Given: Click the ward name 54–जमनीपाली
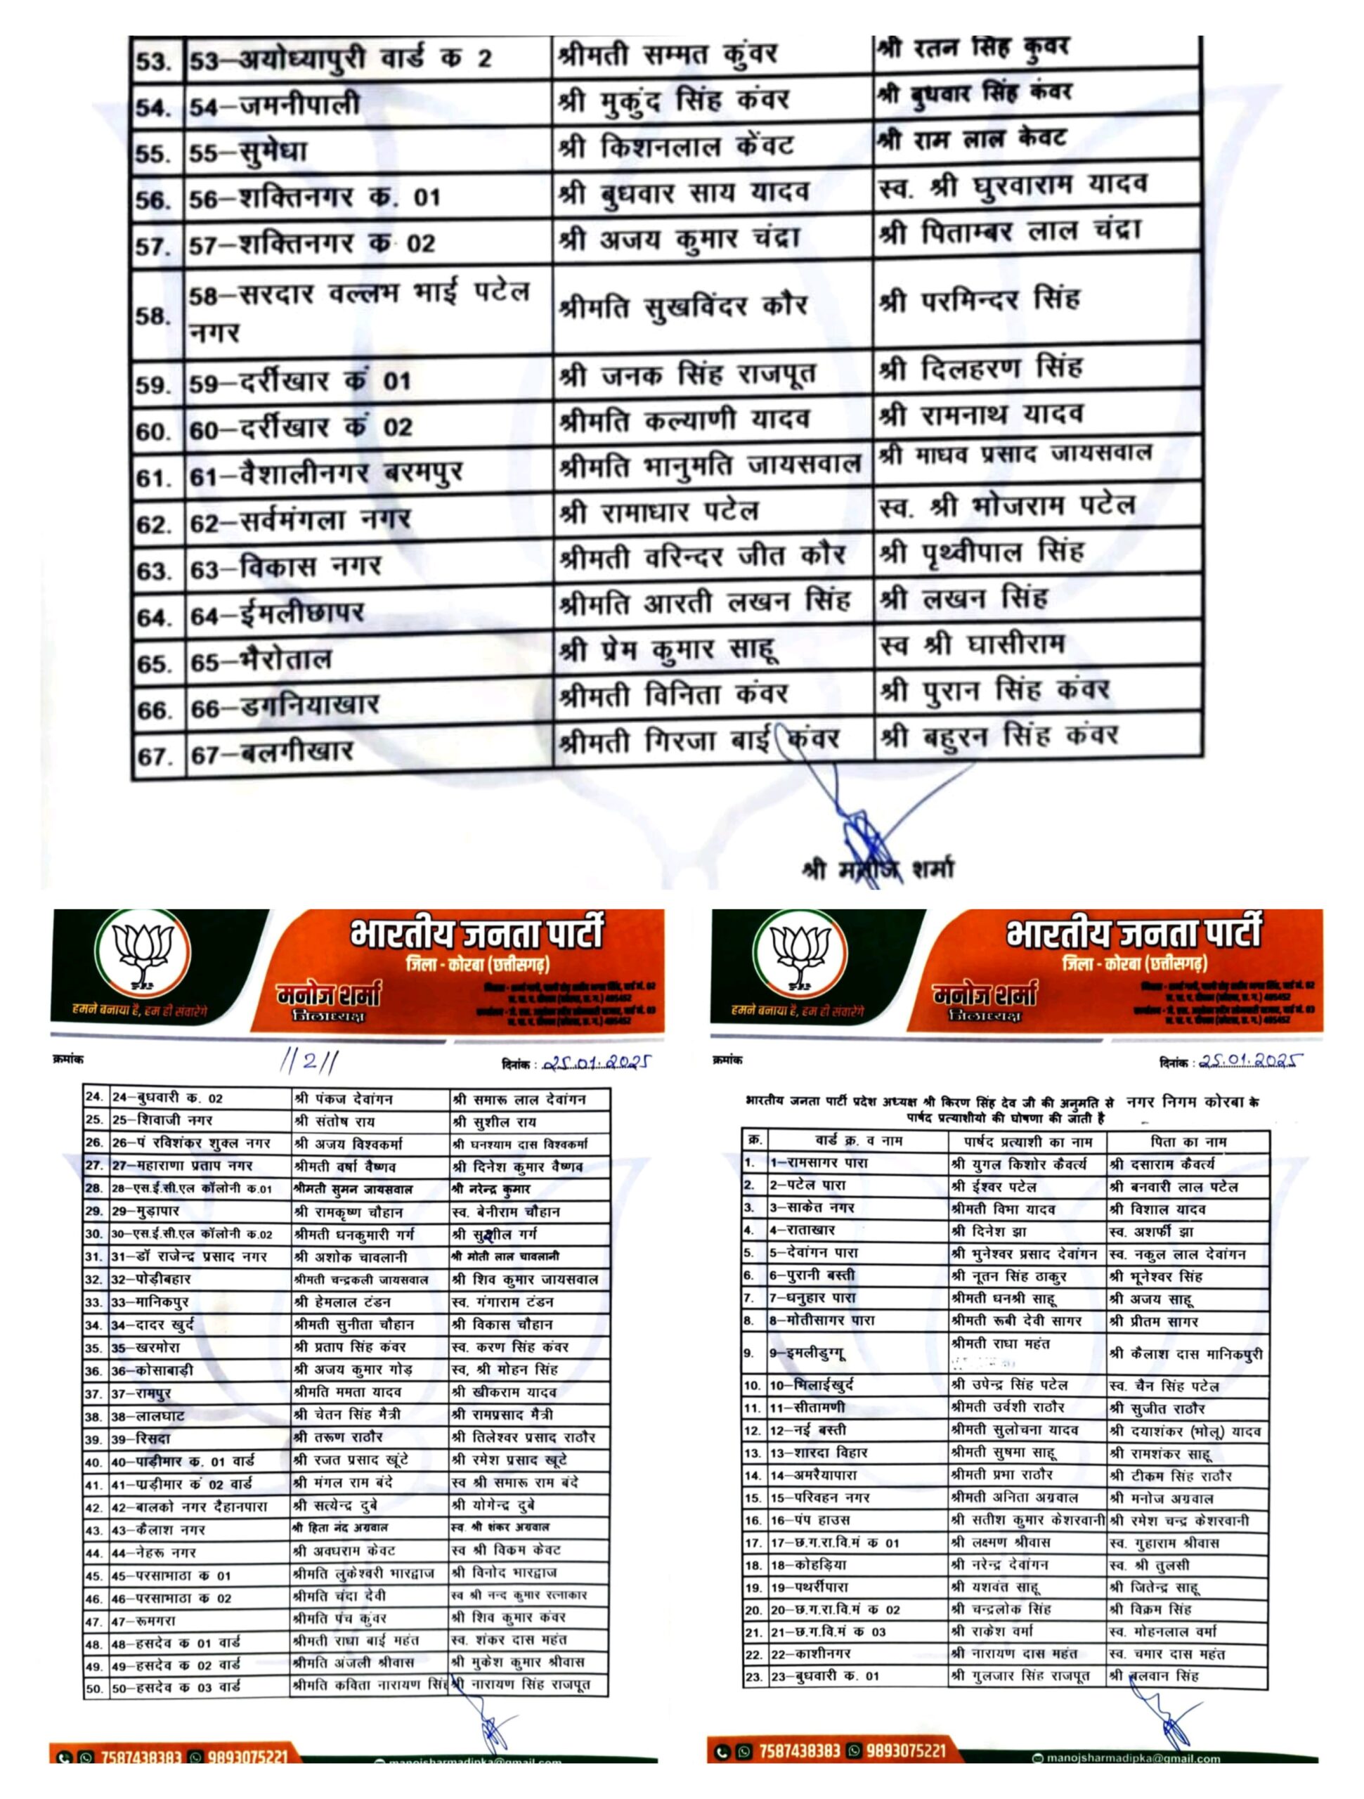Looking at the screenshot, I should pyautogui.click(x=275, y=105).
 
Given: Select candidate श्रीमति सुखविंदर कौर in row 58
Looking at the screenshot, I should pyautogui.click(x=682, y=307).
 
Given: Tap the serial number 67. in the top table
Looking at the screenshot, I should pyautogui.click(x=154, y=756).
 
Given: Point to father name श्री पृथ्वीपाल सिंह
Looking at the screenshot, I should pyautogui.click(x=981, y=553).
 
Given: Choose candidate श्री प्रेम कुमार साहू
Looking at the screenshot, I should pyautogui.click(x=668, y=651).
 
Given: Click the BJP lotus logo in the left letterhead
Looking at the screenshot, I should pyautogui.click(x=143, y=954).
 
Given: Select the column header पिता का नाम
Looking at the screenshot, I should pyautogui.click(x=1188, y=1141).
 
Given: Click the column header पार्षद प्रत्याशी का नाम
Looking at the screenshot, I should pyautogui.click(x=1027, y=1141).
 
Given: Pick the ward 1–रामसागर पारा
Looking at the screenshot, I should pyautogui.click(x=818, y=1164).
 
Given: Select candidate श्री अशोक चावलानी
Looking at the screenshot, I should pyautogui.click(x=351, y=1256).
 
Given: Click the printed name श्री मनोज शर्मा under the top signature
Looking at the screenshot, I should pyautogui.click(x=878, y=869).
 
